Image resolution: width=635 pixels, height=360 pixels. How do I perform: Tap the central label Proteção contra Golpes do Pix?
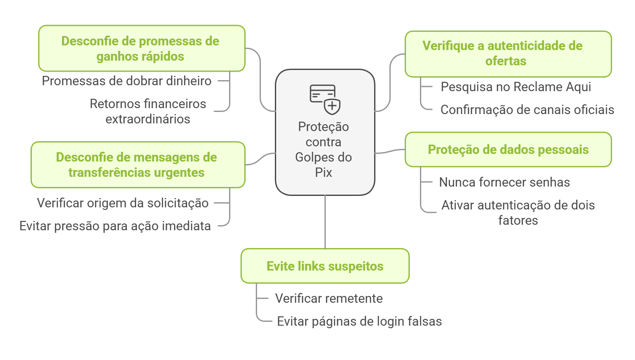pos(324,149)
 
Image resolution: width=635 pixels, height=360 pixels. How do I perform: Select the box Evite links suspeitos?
pos(325,266)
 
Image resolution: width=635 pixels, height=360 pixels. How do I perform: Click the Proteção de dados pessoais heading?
pos(508,150)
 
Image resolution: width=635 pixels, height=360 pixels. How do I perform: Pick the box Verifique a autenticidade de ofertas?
pos(508,54)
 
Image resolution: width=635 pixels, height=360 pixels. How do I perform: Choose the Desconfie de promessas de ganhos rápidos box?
pos(142,48)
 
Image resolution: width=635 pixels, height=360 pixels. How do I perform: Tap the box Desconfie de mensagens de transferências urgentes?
pos(138,165)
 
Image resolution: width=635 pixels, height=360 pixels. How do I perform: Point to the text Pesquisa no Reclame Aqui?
pos(515,87)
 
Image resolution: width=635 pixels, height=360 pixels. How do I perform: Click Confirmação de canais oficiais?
pos(527,110)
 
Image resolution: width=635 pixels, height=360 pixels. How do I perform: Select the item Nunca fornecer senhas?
pos(504,182)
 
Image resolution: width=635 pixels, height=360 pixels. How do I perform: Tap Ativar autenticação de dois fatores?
pos(518,212)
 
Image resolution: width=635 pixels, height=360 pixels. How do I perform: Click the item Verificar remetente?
pos(329,299)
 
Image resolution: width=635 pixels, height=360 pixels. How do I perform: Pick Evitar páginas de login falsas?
pos(359,321)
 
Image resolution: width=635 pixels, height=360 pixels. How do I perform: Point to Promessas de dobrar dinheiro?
pos(126,81)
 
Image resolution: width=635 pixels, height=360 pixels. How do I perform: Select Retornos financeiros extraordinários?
pos(148,111)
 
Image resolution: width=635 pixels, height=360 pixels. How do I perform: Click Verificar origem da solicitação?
pos(123,203)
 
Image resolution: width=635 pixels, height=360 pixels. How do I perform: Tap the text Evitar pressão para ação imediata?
pos(115,226)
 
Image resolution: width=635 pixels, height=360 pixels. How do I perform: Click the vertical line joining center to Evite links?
pos(325,222)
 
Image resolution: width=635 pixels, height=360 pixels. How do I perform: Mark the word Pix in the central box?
pos(323,173)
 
